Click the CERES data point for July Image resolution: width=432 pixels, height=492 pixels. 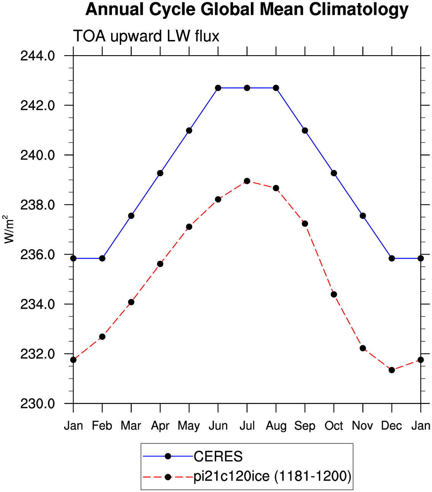pyautogui.click(x=247, y=88)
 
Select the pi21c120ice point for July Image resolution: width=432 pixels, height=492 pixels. pyautogui.click(x=247, y=181)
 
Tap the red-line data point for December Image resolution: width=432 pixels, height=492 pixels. pyautogui.click(x=392, y=370)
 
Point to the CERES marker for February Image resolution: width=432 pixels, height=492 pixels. pyautogui.click(x=102, y=258)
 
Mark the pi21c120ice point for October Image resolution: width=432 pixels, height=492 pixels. pyautogui.click(x=334, y=295)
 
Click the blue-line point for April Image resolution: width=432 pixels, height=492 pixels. pyautogui.click(x=160, y=173)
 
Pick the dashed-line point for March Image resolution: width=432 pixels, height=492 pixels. pyautogui.click(x=131, y=302)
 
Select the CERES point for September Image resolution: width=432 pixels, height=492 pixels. pyautogui.click(x=305, y=131)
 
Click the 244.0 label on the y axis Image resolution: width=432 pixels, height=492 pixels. pyautogui.click(x=38, y=56)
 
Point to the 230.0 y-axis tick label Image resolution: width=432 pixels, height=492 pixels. pyautogui.click(x=38, y=404)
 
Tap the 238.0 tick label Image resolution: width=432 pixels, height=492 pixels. pyautogui.click(x=38, y=205)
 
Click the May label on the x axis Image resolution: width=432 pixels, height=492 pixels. pyautogui.click(x=189, y=426)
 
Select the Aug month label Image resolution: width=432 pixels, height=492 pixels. pyautogui.click(x=276, y=426)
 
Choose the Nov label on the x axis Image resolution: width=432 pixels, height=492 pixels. pyautogui.click(x=362, y=426)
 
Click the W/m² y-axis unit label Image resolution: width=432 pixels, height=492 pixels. pyautogui.click(x=9, y=229)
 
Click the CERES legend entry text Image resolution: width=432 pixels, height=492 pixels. pyautogui.click(x=218, y=456)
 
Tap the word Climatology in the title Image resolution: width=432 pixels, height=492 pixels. pyautogui.click(x=359, y=10)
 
